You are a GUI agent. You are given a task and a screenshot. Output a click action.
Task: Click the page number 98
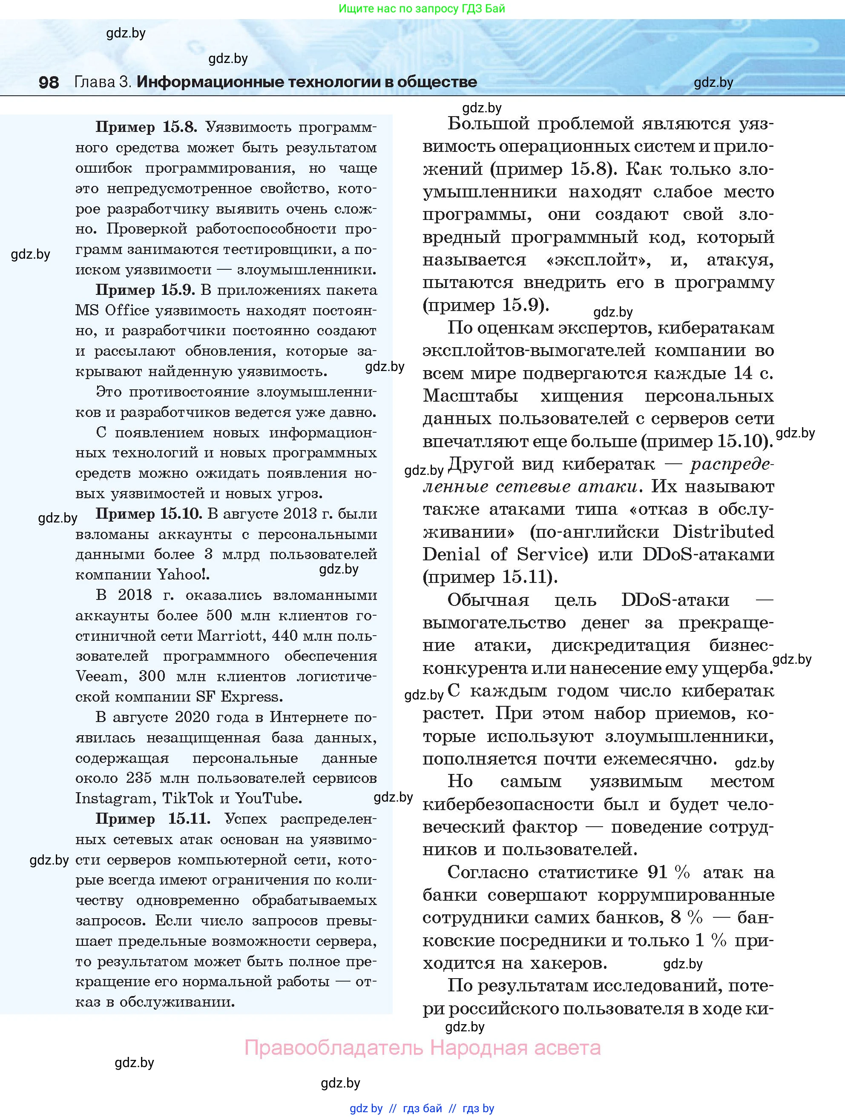click(x=49, y=82)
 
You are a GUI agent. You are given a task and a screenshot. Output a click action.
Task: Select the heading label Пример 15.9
click(x=145, y=290)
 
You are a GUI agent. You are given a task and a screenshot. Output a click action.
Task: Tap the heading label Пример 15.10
click(x=149, y=514)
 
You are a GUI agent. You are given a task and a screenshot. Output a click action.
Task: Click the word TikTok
click(x=188, y=798)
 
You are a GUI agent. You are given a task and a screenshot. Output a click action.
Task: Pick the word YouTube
click(x=268, y=798)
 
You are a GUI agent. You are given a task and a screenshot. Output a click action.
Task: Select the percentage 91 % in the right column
click(x=668, y=872)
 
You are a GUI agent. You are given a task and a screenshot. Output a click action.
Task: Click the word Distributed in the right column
click(x=724, y=532)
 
